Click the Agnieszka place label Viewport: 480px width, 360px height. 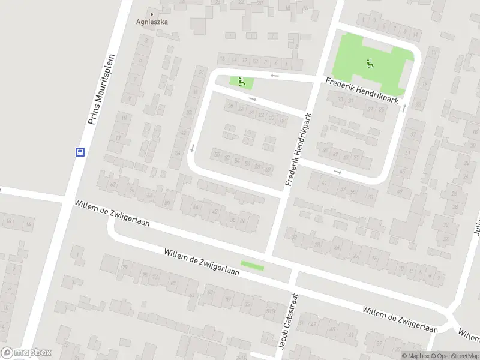pyautogui.click(x=151, y=22)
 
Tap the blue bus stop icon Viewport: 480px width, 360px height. pyautogui.click(x=80, y=152)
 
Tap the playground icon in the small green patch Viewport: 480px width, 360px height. pyautogui.click(x=242, y=82)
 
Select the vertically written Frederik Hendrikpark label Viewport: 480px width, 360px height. pyautogui.click(x=298, y=151)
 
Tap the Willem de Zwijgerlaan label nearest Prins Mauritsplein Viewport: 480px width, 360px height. pyautogui.click(x=112, y=213)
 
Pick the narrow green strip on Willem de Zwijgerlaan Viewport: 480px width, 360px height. pyautogui.click(x=252, y=265)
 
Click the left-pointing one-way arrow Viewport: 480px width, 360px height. pyautogui.click(x=274, y=75)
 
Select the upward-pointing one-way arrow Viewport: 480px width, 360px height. pyautogui.click(x=404, y=107)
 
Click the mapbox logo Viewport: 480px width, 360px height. pyautogui.click(x=26, y=353)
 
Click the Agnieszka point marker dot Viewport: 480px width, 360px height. pyautogui.click(x=151, y=14)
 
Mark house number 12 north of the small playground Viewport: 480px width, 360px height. pyautogui.click(x=235, y=59)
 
